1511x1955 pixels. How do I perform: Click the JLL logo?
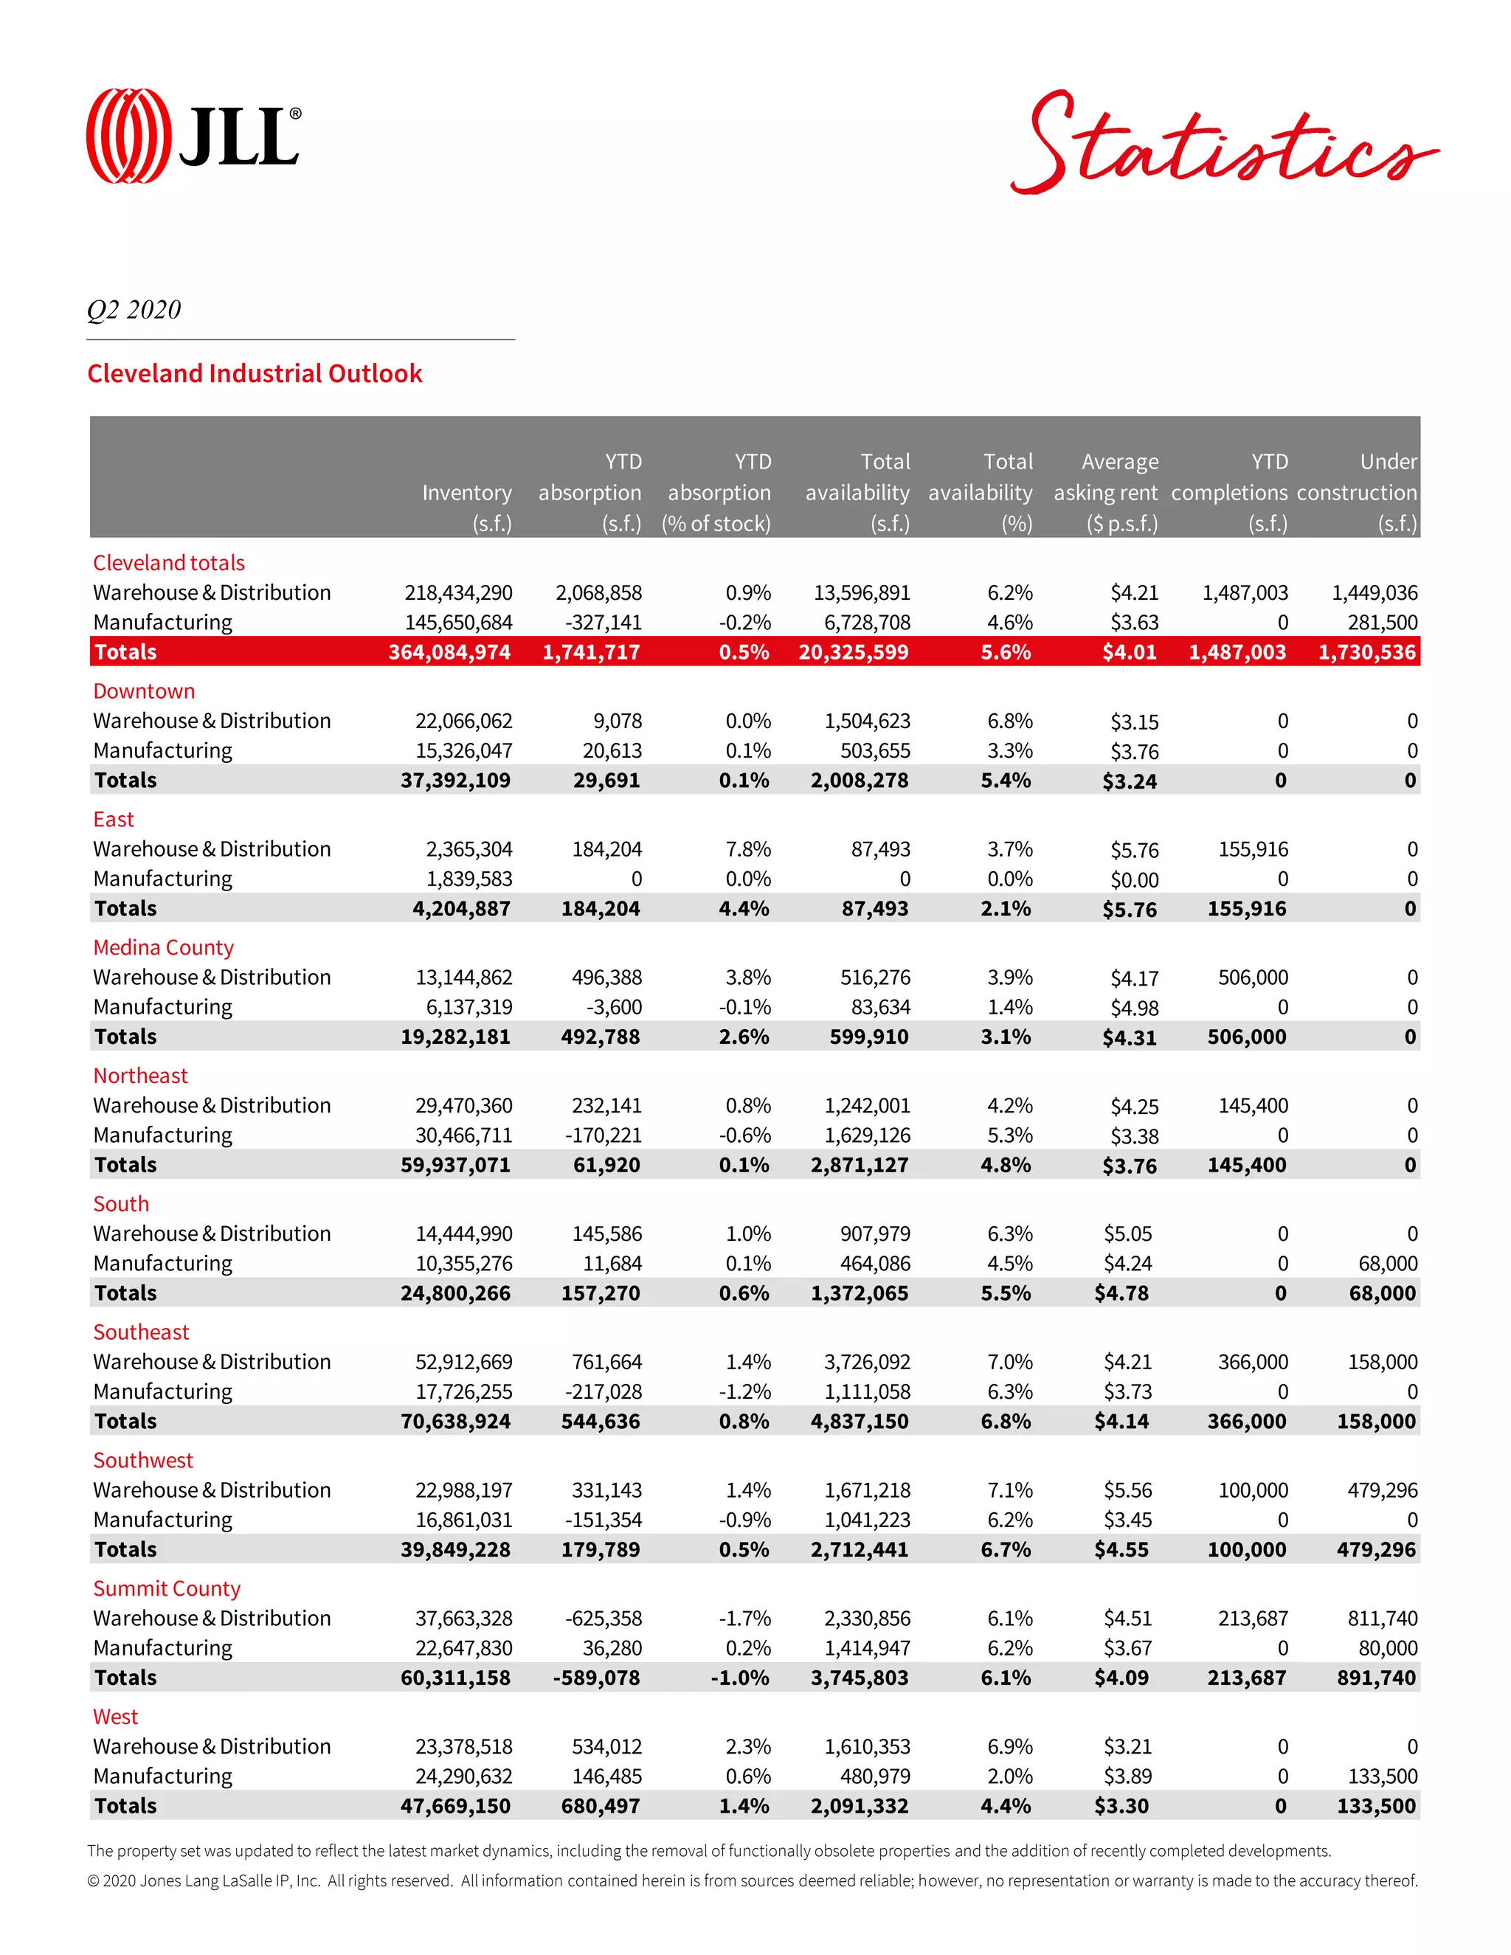pyautogui.click(x=193, y=136)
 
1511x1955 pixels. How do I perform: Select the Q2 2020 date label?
pyautogui.click(x=134, y=310)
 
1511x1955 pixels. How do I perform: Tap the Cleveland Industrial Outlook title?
pyautogui.click(x=255, y=373)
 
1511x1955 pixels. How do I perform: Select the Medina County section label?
pyautogui.click(x=163, y=947)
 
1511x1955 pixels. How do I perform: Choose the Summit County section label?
pyautogui.click(x=167, y=1588)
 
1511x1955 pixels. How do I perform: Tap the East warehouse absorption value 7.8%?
pyautogui.click(x=748, y=848)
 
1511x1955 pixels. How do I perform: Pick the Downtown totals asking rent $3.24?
pyautogui.click(x=1130, y=781)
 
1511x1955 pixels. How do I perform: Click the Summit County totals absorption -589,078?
pyautogui.click(x=596, y=1678)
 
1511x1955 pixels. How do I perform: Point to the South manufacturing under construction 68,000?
pyautogui.click(x=1388, y=1263)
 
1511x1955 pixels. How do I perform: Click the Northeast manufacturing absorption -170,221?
pyautogui.click(x=604, y=1135)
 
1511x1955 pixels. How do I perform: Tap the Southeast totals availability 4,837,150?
pyautogui.click(x=860, y=1422)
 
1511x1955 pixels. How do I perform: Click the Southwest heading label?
pyautogui.click(x=143, y=1460)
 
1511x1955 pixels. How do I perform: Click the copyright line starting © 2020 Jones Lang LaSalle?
pyautogui.click(x=752, y=1880)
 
